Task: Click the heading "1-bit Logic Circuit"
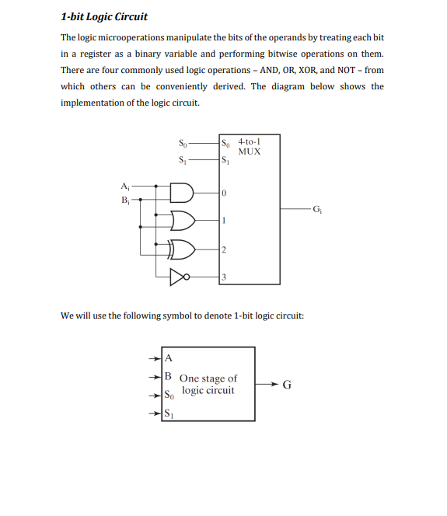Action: [103, 16]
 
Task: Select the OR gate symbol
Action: [183, 221]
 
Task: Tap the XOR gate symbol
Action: [183, 249]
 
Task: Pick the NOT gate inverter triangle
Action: [179, 276]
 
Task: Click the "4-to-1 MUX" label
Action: [250, 147]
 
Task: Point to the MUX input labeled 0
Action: [224, 193]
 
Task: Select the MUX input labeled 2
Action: [224, 249]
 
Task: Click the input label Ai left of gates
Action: [125, 185]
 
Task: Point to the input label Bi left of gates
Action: [125, 199]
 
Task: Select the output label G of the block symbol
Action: [287, 384]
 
